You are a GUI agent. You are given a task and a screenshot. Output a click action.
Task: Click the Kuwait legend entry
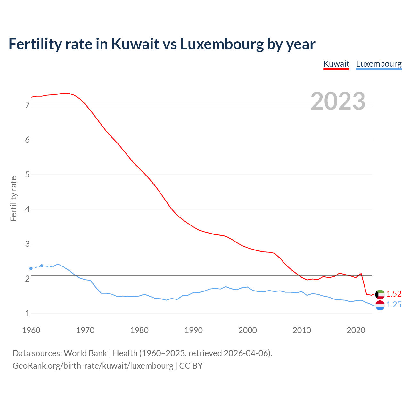336,64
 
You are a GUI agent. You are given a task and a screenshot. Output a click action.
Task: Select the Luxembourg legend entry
379,64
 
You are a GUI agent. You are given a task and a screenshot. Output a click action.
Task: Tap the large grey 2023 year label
338,101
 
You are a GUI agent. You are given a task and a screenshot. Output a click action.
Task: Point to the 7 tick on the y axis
27,105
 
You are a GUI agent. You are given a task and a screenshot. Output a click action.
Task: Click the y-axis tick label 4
27,209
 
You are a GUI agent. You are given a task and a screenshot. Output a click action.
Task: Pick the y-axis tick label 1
27,314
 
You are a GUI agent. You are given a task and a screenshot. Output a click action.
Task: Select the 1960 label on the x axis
31,330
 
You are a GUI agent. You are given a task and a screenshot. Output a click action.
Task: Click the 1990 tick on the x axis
193,330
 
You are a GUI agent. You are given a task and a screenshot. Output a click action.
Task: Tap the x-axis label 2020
356,330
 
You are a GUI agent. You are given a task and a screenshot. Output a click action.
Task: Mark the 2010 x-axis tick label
302,330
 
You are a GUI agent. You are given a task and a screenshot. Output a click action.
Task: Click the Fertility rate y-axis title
13,199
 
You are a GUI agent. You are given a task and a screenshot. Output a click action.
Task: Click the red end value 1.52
394,294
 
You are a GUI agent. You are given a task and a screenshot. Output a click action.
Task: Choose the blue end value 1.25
394,305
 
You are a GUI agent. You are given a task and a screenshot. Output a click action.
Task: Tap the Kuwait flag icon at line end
380,294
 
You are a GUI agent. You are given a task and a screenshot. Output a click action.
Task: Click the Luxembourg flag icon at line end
380,306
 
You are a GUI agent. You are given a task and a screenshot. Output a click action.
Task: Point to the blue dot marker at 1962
42,266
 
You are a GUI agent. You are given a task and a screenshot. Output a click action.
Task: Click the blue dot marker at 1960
31,268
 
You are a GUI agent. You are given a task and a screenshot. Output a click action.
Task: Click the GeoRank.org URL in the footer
93,366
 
